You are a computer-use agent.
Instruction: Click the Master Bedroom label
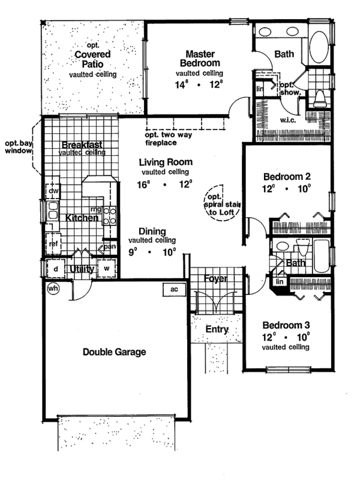point(200,58)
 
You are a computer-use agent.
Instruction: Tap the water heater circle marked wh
point(53,288)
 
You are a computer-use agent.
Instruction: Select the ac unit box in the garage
point(175,289)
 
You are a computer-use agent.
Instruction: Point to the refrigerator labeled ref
point(53,244)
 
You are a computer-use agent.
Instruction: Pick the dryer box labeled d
point(55,269)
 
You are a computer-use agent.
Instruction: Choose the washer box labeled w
point(107,269)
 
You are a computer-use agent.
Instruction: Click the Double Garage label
point(115,352)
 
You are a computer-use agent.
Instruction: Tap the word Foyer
point(214,279)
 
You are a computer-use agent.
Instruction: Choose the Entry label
point(217,329)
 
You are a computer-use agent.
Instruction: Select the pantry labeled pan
point(109,246)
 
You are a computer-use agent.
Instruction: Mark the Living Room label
point(166,162)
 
